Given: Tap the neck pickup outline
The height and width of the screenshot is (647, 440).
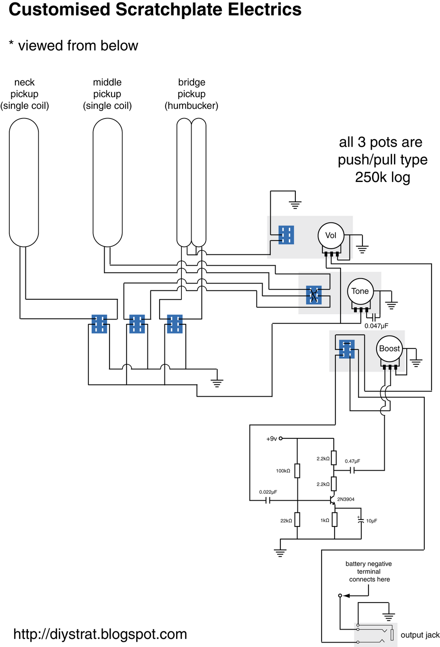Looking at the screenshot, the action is tap(10, 182).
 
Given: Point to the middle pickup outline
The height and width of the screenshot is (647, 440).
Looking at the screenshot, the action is tap(93, 182).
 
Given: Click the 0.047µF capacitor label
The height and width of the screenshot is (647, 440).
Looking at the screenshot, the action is tap(376, 326).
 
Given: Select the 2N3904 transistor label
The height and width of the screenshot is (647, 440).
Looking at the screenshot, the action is tap(345, 499).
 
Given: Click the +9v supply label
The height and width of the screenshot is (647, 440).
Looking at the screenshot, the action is tap(272, 439).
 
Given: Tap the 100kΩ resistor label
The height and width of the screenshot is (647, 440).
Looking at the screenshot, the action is tap(283, 471).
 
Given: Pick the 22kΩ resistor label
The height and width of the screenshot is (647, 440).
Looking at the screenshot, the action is tap(286, 521).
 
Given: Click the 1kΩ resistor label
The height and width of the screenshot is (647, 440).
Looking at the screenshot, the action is tap(324, 520).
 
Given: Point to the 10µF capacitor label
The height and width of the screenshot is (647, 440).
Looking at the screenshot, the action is tap(371, 521).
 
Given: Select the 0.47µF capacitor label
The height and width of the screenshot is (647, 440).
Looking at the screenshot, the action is tap(352, 461).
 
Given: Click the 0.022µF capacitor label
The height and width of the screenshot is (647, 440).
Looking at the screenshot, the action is tap(268, 492).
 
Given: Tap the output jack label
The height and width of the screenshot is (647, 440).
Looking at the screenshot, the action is tap(420, 635).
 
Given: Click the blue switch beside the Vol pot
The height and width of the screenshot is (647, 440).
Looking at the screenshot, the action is tap(286, 235).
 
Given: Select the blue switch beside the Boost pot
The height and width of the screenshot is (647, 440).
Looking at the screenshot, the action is tap(347, 349).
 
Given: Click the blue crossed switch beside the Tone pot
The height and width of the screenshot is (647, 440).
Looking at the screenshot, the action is tap(314, 295).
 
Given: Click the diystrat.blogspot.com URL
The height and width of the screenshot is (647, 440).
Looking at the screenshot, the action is tap(100, 634).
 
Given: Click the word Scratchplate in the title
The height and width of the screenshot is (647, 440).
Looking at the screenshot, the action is tap(169, 9).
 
